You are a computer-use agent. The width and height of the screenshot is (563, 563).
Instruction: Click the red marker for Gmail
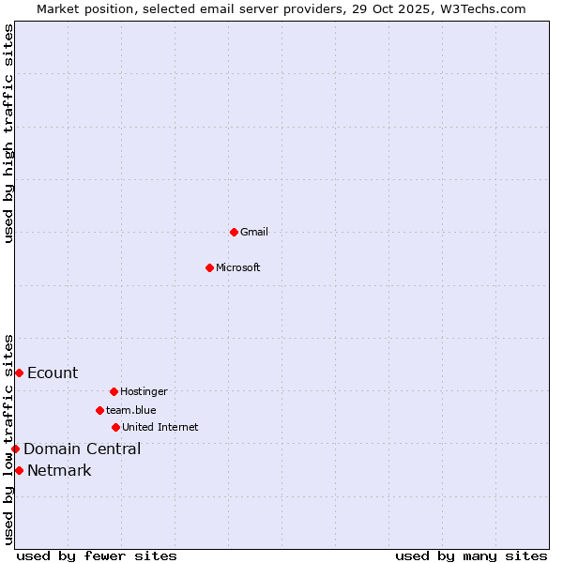[x=234, y=232]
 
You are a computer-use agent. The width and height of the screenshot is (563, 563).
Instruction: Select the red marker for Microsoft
[x=209, y=267]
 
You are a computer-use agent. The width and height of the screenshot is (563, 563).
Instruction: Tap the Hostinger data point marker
[x=114, y=391]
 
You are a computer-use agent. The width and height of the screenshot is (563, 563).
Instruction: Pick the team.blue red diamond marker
[x=99, y=410]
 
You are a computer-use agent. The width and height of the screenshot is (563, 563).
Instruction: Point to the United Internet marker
[x=115, y=427]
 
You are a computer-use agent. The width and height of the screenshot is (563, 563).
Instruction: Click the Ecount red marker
[x=19, y=373]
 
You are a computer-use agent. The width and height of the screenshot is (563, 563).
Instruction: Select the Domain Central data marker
[x=15, y=449]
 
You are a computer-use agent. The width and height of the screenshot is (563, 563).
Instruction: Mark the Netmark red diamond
[x=19, y=470]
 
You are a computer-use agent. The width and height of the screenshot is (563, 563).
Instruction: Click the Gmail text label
[x=254, y=232]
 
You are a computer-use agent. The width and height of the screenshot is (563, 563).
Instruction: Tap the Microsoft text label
[x=238, y=267]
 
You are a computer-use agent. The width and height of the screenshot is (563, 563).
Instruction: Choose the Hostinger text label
[x=144, y=391]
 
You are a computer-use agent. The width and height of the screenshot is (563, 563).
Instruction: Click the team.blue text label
[x=131, y=410]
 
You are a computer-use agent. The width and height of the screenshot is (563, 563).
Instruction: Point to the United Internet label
[x=160, y=427]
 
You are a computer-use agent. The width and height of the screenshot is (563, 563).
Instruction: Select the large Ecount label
[x=53, y=373]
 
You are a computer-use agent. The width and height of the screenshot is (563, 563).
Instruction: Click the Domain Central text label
[x=83, y=449]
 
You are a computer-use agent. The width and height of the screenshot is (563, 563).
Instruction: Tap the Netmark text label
[x=59, y=470]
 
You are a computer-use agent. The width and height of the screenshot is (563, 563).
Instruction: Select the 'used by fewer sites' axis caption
[x=97, y=555]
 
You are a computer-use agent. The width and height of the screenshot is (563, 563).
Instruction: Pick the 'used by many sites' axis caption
[x=471, y=555]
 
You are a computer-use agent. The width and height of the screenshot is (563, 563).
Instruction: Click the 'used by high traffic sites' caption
[x=8, y=133]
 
